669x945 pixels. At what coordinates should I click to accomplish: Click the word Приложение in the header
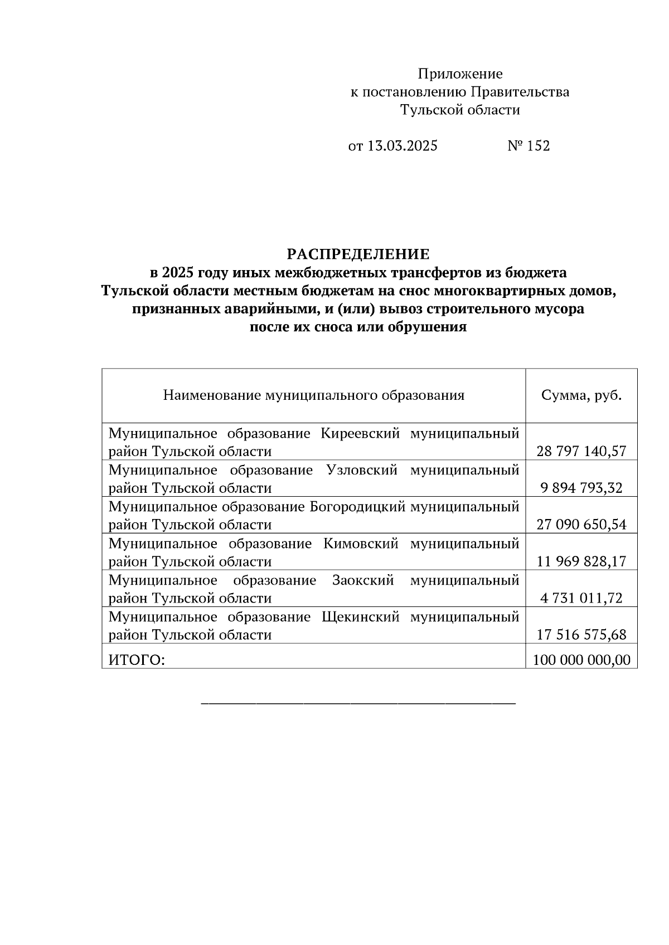tap(460, 74)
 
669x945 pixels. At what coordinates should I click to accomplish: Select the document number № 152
tap(529, 146)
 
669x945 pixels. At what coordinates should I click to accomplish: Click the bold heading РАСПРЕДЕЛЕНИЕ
tap(358, 254)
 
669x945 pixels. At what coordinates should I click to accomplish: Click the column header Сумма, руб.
tap(581, 396)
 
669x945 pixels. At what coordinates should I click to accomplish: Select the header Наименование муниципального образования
tap(313, 396)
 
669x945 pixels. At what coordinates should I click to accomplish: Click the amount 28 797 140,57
tap(581, 451)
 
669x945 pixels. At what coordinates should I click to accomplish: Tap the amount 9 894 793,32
tap(581, 488)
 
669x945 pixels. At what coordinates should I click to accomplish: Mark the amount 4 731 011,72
tap(581, 599)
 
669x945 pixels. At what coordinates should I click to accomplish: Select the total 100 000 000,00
tap(581, 660)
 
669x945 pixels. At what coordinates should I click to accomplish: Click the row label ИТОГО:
tap(137, 660)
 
